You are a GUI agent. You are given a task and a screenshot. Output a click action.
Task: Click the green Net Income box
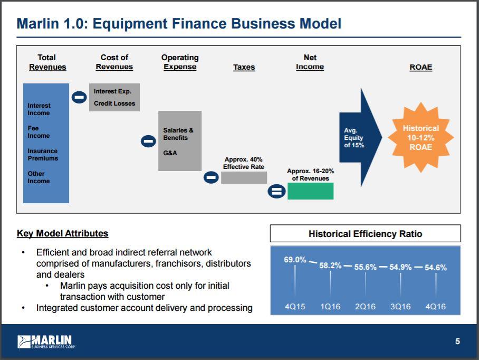[310, 191]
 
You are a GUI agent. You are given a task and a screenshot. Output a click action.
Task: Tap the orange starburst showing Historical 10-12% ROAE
[420, 137]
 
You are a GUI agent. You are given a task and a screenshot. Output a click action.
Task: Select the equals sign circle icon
[276, 191]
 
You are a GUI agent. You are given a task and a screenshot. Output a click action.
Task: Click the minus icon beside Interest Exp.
[79, 97]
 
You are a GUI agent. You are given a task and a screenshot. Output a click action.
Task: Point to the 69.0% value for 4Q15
[295, 259]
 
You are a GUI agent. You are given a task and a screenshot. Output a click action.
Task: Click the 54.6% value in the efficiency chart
[435, 268]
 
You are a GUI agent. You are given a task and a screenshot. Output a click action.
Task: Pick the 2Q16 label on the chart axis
[365, 307]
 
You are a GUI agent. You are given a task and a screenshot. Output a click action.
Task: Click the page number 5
[457, 342]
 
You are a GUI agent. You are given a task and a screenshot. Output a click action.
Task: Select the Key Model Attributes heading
[62, 233]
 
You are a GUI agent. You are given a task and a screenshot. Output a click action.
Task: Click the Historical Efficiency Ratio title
[365, 234]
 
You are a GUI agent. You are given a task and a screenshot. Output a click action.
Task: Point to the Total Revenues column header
[47, 62]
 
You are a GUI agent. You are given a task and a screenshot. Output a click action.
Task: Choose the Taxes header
[244, 67]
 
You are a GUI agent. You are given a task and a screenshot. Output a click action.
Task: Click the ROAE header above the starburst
[420, 67]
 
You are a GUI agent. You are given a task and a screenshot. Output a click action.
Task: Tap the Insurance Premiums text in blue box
[43, 155]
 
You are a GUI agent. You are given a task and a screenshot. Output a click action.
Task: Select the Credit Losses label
[114, 103]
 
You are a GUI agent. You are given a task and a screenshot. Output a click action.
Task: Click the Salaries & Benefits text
[178, 134]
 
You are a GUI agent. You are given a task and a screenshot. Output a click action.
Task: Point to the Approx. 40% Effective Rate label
[243, 163]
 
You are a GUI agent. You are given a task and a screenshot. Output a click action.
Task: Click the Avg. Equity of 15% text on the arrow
[354, 138]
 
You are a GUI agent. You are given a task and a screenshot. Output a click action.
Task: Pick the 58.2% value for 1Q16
[330, 265]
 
